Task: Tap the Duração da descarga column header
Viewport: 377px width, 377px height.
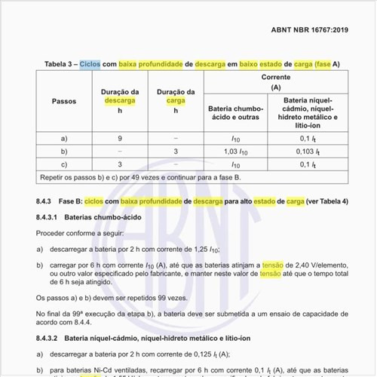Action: tap(120, 100)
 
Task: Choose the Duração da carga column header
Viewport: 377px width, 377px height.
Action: tap(175, 100)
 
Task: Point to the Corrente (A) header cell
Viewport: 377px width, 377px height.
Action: tap(270, 82)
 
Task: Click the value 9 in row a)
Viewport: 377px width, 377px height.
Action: tap(120, 139)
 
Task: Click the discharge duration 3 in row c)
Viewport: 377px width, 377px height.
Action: tap(120, 164)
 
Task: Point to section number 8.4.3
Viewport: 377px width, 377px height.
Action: tap(44, 201)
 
